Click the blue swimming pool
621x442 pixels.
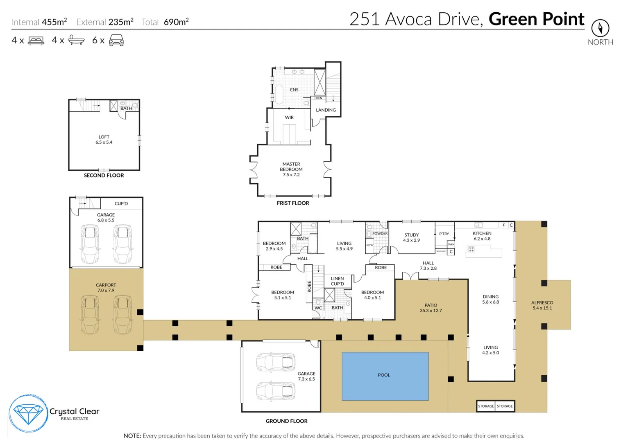pos(385,376)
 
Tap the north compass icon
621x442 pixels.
pos(600,28)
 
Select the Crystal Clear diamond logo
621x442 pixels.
pos(28,414)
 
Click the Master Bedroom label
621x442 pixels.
pos(291,169)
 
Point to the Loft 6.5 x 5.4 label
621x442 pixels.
pos(104,140)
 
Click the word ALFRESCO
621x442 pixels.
pos(542,302)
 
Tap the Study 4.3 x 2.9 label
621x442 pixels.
pos(411,238)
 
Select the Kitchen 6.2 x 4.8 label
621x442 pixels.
pos(482,236)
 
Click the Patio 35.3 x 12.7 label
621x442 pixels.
pos(431,308)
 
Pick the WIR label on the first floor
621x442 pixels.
pos(289,117)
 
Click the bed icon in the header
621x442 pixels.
pos(36,41)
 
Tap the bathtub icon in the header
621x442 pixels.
pos(76,40)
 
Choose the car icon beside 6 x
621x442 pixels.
pos(116,40)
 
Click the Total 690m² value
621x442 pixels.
pos(176,22)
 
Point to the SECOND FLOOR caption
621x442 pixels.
pos(104,175)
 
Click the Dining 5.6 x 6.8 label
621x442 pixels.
pos(490,299)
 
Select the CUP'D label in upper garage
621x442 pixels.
pos(121,203)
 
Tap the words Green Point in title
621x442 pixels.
pos(536,19)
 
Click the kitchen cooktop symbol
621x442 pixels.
pos(471,249)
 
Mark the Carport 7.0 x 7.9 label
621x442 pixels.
pos(106,287)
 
